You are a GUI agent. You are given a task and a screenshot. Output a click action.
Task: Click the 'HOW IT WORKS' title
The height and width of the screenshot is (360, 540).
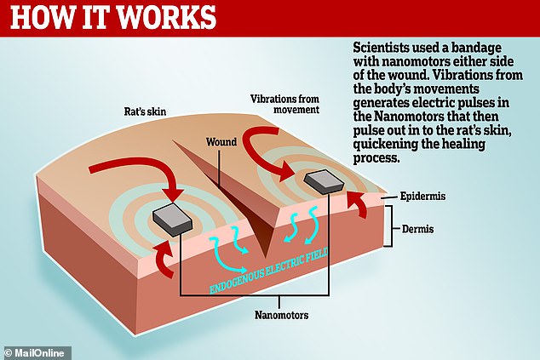tap(113, 17)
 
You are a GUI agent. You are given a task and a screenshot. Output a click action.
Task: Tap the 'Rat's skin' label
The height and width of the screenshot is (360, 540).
tap(145, 111)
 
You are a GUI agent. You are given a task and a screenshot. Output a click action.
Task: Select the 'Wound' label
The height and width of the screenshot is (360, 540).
tap(221, 142)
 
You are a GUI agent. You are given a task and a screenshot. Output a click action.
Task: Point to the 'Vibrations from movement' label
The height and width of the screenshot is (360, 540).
tap(284, 105)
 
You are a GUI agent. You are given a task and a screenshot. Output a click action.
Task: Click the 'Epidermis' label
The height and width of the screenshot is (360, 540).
tap(422, 197)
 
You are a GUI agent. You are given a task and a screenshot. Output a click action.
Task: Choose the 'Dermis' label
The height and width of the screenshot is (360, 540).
tap(417, 229)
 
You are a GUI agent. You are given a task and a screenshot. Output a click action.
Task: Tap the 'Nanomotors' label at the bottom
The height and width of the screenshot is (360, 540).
tap(281, 315)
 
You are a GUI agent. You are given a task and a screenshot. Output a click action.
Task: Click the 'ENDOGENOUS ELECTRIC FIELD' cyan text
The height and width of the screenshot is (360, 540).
tap(268, 271)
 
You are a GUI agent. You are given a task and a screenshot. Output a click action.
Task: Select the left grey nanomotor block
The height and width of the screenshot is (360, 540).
tap(172, 220)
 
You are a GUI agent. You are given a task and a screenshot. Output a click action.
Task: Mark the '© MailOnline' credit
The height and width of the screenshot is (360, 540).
tap(34, 353)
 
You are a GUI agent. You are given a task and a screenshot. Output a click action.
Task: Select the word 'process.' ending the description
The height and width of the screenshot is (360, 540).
tap(376, 158)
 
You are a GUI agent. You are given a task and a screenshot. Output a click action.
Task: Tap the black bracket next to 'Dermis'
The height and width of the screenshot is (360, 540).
tap(389, 226)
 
